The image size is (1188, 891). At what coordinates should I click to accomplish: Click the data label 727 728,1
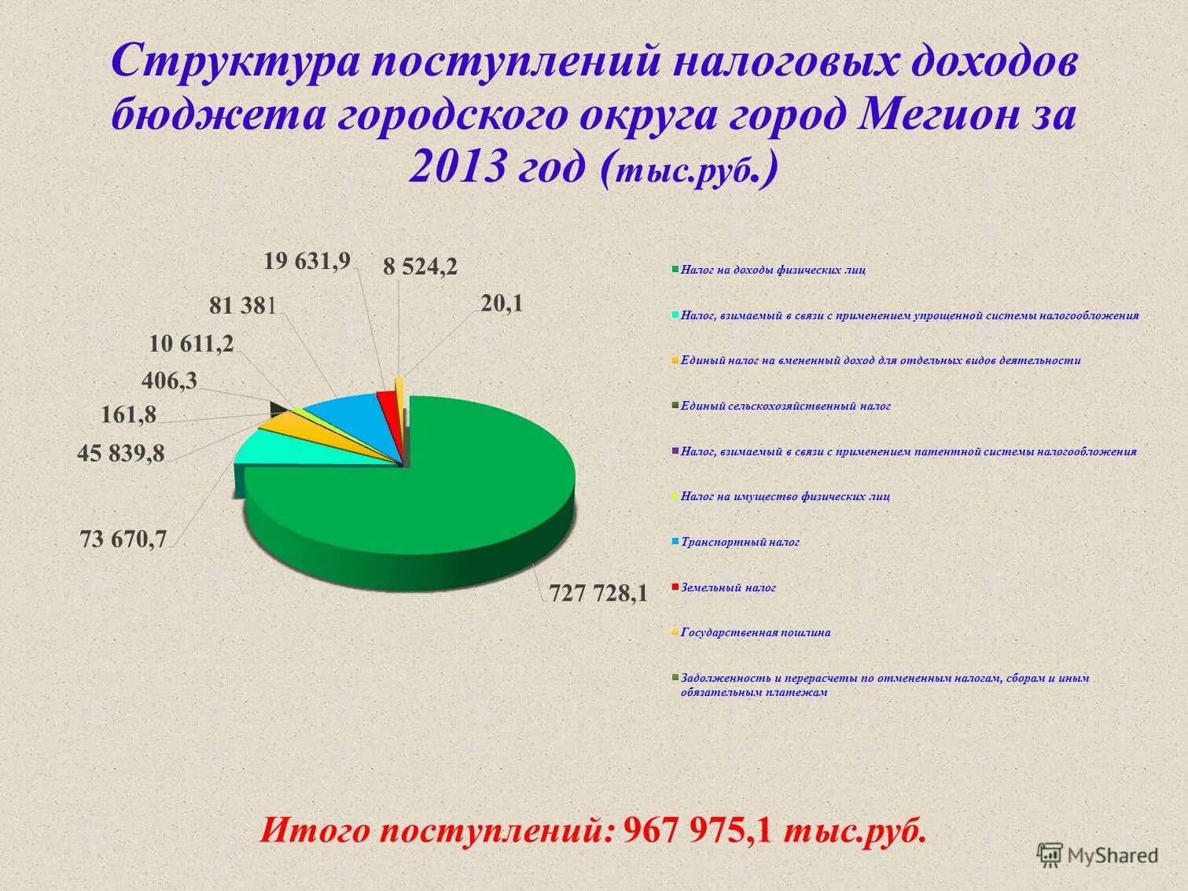coord(598,594)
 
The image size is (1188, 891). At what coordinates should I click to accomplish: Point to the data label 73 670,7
coord(123,539)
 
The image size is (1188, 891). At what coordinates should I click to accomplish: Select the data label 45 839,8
coord(121,453)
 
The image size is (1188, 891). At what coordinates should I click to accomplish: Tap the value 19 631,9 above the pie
coord(307,261)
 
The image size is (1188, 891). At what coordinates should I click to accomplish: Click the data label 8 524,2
coord(420,267)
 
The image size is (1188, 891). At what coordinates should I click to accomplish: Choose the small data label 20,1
coord(502,304)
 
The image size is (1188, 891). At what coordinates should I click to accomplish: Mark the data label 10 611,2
coord(191,344)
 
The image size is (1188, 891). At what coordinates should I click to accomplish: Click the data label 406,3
coord(169,381)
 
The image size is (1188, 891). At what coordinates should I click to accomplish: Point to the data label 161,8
coord(129,414)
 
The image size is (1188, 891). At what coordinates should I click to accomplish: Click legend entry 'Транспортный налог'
coord(740,542)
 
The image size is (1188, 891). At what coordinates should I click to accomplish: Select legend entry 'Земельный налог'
coord(728,587)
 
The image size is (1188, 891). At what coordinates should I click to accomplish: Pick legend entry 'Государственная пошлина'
coord(756,632)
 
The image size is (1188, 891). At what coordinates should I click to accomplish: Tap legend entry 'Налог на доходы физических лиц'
coord(773,270)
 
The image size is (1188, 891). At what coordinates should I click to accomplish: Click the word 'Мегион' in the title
coord(936,115)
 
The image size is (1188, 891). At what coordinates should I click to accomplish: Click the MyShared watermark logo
coord(1098,855)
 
